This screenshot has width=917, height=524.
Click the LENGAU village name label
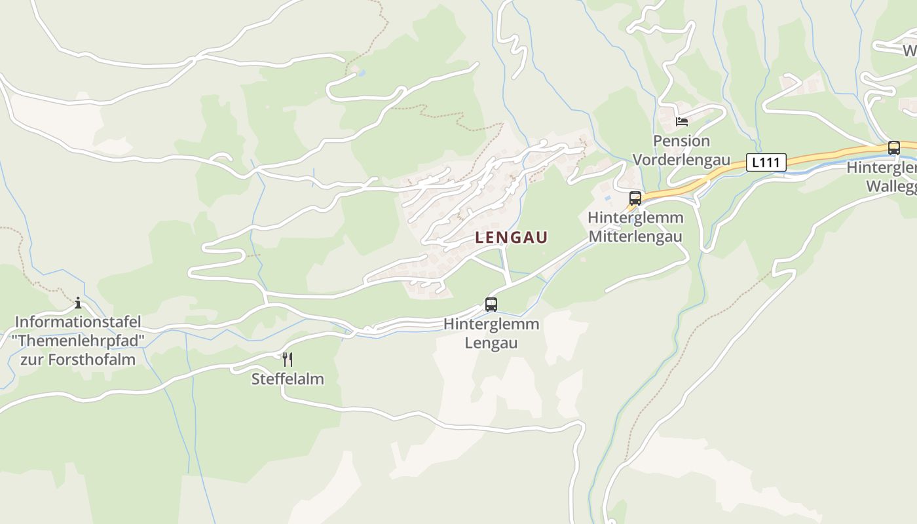[x=511, y=238]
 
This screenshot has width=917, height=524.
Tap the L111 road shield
[x=766, y=162]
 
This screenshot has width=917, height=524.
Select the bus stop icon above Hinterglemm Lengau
[x=491, y=305]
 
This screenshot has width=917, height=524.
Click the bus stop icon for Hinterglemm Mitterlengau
[x=635, y=198]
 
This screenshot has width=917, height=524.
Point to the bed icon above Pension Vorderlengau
[x=682, y=122]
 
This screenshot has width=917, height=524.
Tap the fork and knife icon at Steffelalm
[x=287, y=359]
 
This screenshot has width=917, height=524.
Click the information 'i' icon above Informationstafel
[x=78, y=303]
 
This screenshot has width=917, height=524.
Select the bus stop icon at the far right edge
[x=893, y=148]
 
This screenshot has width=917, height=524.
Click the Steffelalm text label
[x=288, y=379]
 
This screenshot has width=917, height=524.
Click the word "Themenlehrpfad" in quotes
[x=78, y=341]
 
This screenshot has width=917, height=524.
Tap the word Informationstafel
[x=78, y=322]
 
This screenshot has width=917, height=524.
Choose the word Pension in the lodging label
[x=681, y=141]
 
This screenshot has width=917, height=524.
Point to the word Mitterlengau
[x=635, y=236]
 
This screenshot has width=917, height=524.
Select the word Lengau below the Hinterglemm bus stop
[x=491, y=343]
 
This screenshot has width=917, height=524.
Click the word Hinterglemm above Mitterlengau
[x=635, y=217]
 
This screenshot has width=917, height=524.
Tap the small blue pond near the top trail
[x=360, y=73]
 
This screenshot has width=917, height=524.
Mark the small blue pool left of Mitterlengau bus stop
[x=608, y=197]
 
